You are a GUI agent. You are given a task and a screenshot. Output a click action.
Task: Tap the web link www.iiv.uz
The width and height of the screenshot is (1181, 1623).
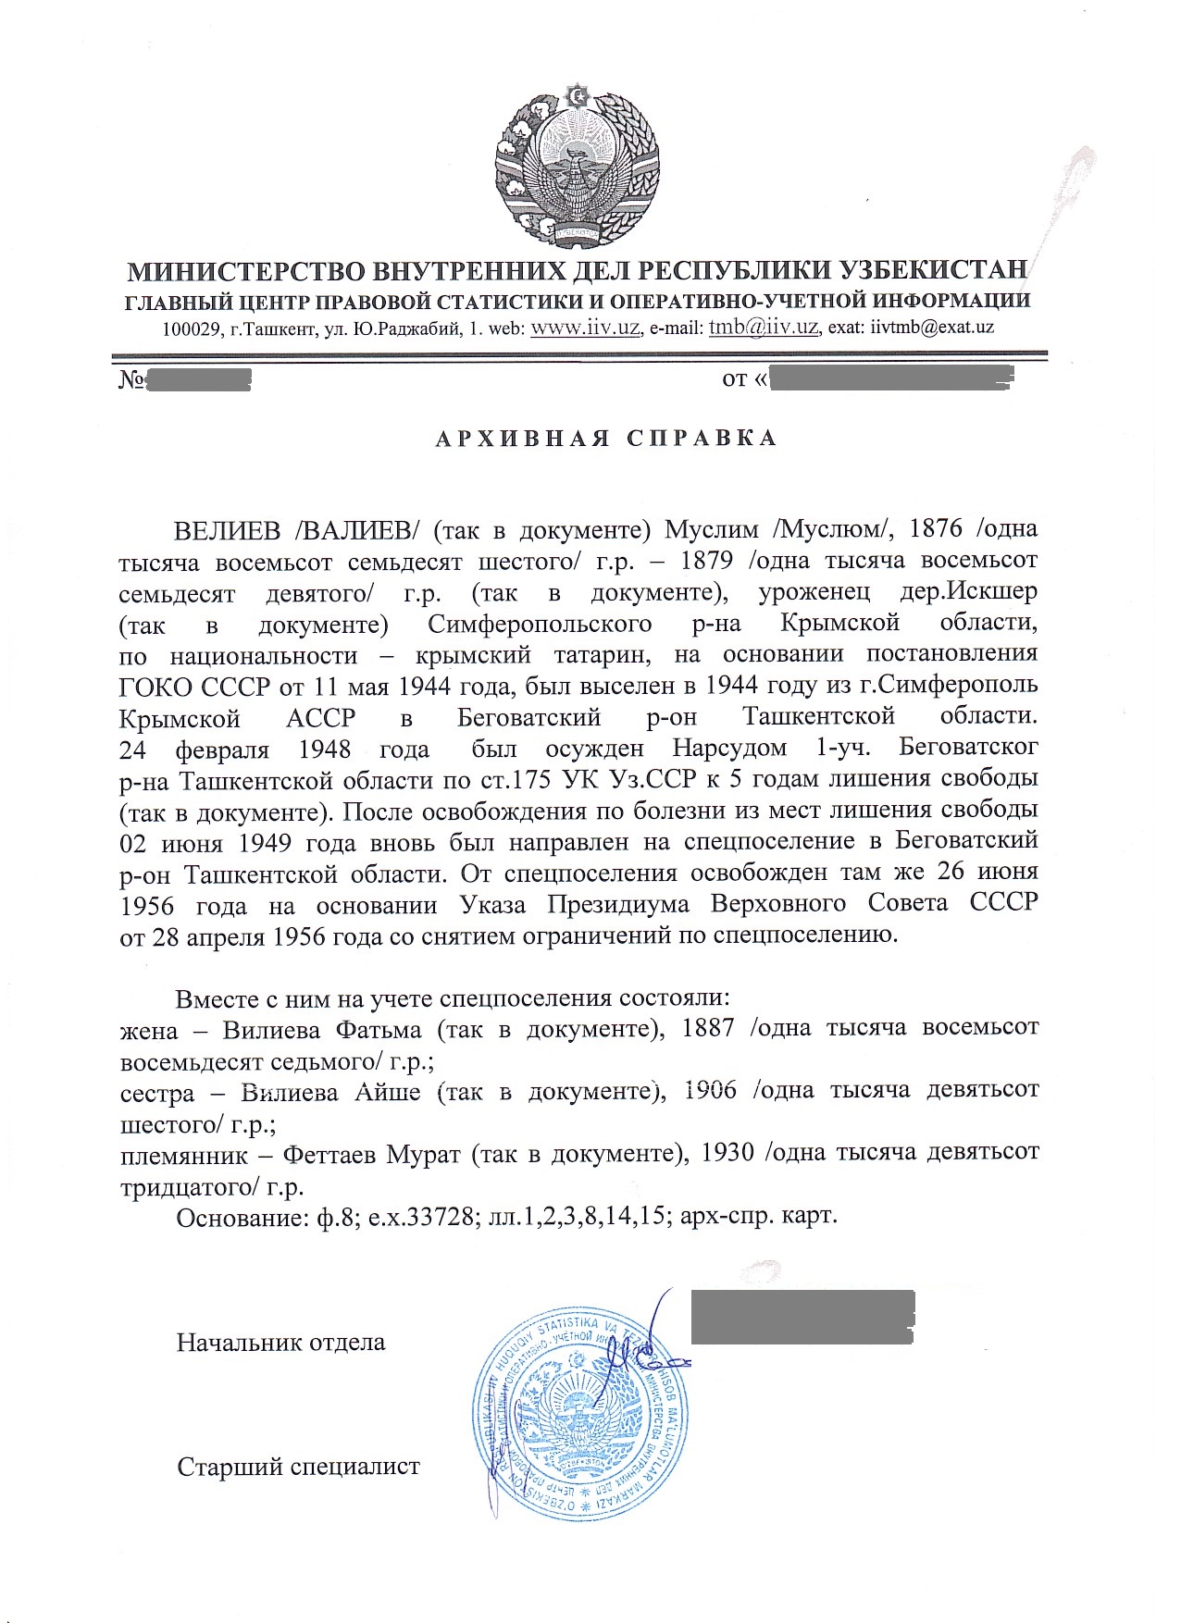[x=586, y=328]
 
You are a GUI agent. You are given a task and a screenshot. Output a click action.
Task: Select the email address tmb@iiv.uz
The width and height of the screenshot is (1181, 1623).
[x=763, y=328]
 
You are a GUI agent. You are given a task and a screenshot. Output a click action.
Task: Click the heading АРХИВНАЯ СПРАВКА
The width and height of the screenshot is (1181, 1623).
[x=606, y=438]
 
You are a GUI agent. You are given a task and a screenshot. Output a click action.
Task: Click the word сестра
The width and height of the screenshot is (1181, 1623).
[x=158, y=1092]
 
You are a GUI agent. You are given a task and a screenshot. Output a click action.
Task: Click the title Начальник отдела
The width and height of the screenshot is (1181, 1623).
[x=281, y=1342]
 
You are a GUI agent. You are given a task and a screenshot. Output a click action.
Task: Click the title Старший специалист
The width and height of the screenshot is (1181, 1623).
[x=298, y=1467]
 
